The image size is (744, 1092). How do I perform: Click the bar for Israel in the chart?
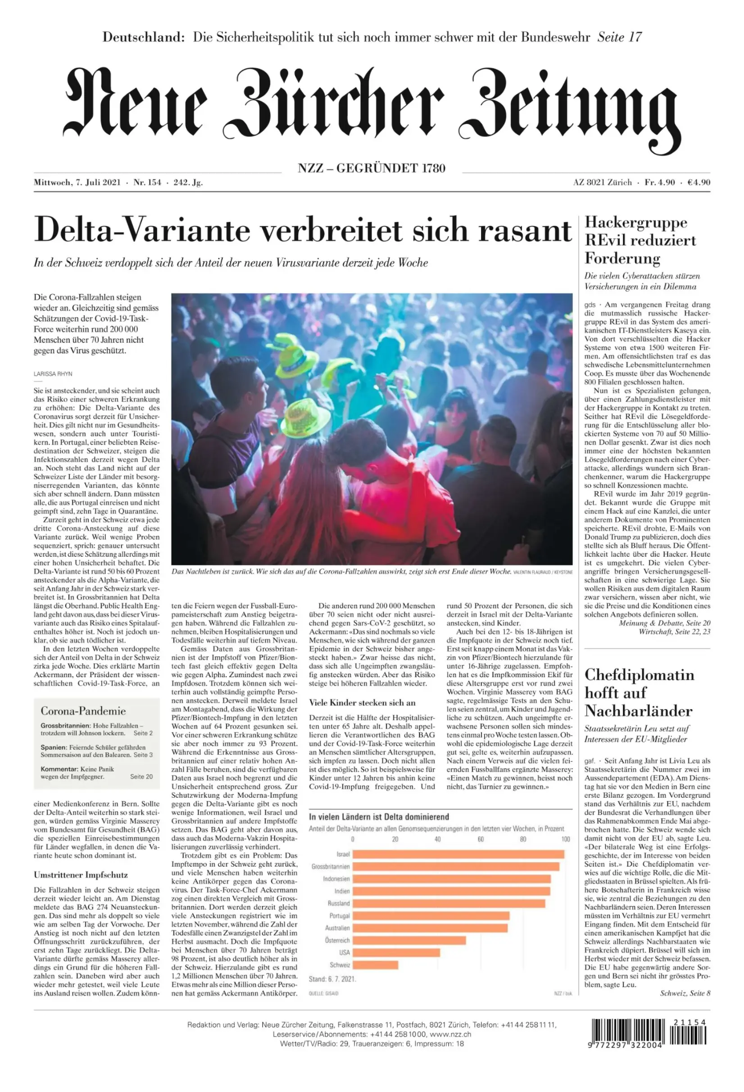(x=458, y=854)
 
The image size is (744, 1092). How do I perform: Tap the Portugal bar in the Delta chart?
(x=431, y=916)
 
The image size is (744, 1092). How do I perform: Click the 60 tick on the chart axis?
(x=480, y=839)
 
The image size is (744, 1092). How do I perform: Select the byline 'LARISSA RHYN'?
(x=53, y=374)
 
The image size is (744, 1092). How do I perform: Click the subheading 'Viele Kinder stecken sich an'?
(x=362, y=703)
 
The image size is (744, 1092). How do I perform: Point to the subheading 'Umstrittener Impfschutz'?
(x=81, y=875)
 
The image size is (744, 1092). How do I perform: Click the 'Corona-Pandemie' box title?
(x=83, y=711)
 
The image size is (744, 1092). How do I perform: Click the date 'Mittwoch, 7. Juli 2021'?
(x=77, y=182)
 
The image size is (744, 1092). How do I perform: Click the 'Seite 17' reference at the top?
(x=619, y=37)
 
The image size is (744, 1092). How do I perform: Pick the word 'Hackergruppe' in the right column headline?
(x=635, y=222)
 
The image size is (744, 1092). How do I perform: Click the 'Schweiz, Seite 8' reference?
(x=685, y=993)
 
